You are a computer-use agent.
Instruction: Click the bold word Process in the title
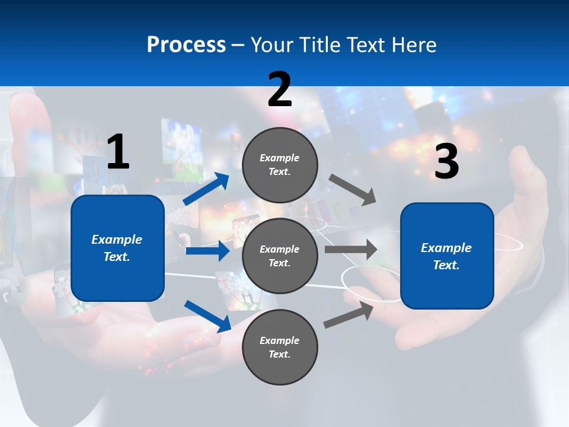pos(186,45)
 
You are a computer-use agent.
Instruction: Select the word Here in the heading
pos(413,45)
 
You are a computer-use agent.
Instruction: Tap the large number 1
pos(118,152)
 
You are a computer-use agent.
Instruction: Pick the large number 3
pos(446,162)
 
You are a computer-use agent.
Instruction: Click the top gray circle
pos(280,165)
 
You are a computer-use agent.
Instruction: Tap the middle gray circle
pos(280,256)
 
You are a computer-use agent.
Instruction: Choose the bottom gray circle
pos(280,347)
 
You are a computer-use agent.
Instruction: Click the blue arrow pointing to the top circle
pos(206,189)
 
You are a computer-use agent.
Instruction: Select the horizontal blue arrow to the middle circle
pos(207,251)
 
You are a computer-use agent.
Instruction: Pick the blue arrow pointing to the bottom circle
pos(207,316)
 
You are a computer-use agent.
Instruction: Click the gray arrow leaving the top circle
pos(353,190)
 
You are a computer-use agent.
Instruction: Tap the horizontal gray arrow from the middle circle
pos(350,249)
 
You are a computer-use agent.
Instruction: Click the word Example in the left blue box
pos(117,240)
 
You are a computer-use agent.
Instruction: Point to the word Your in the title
pos(271,45)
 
